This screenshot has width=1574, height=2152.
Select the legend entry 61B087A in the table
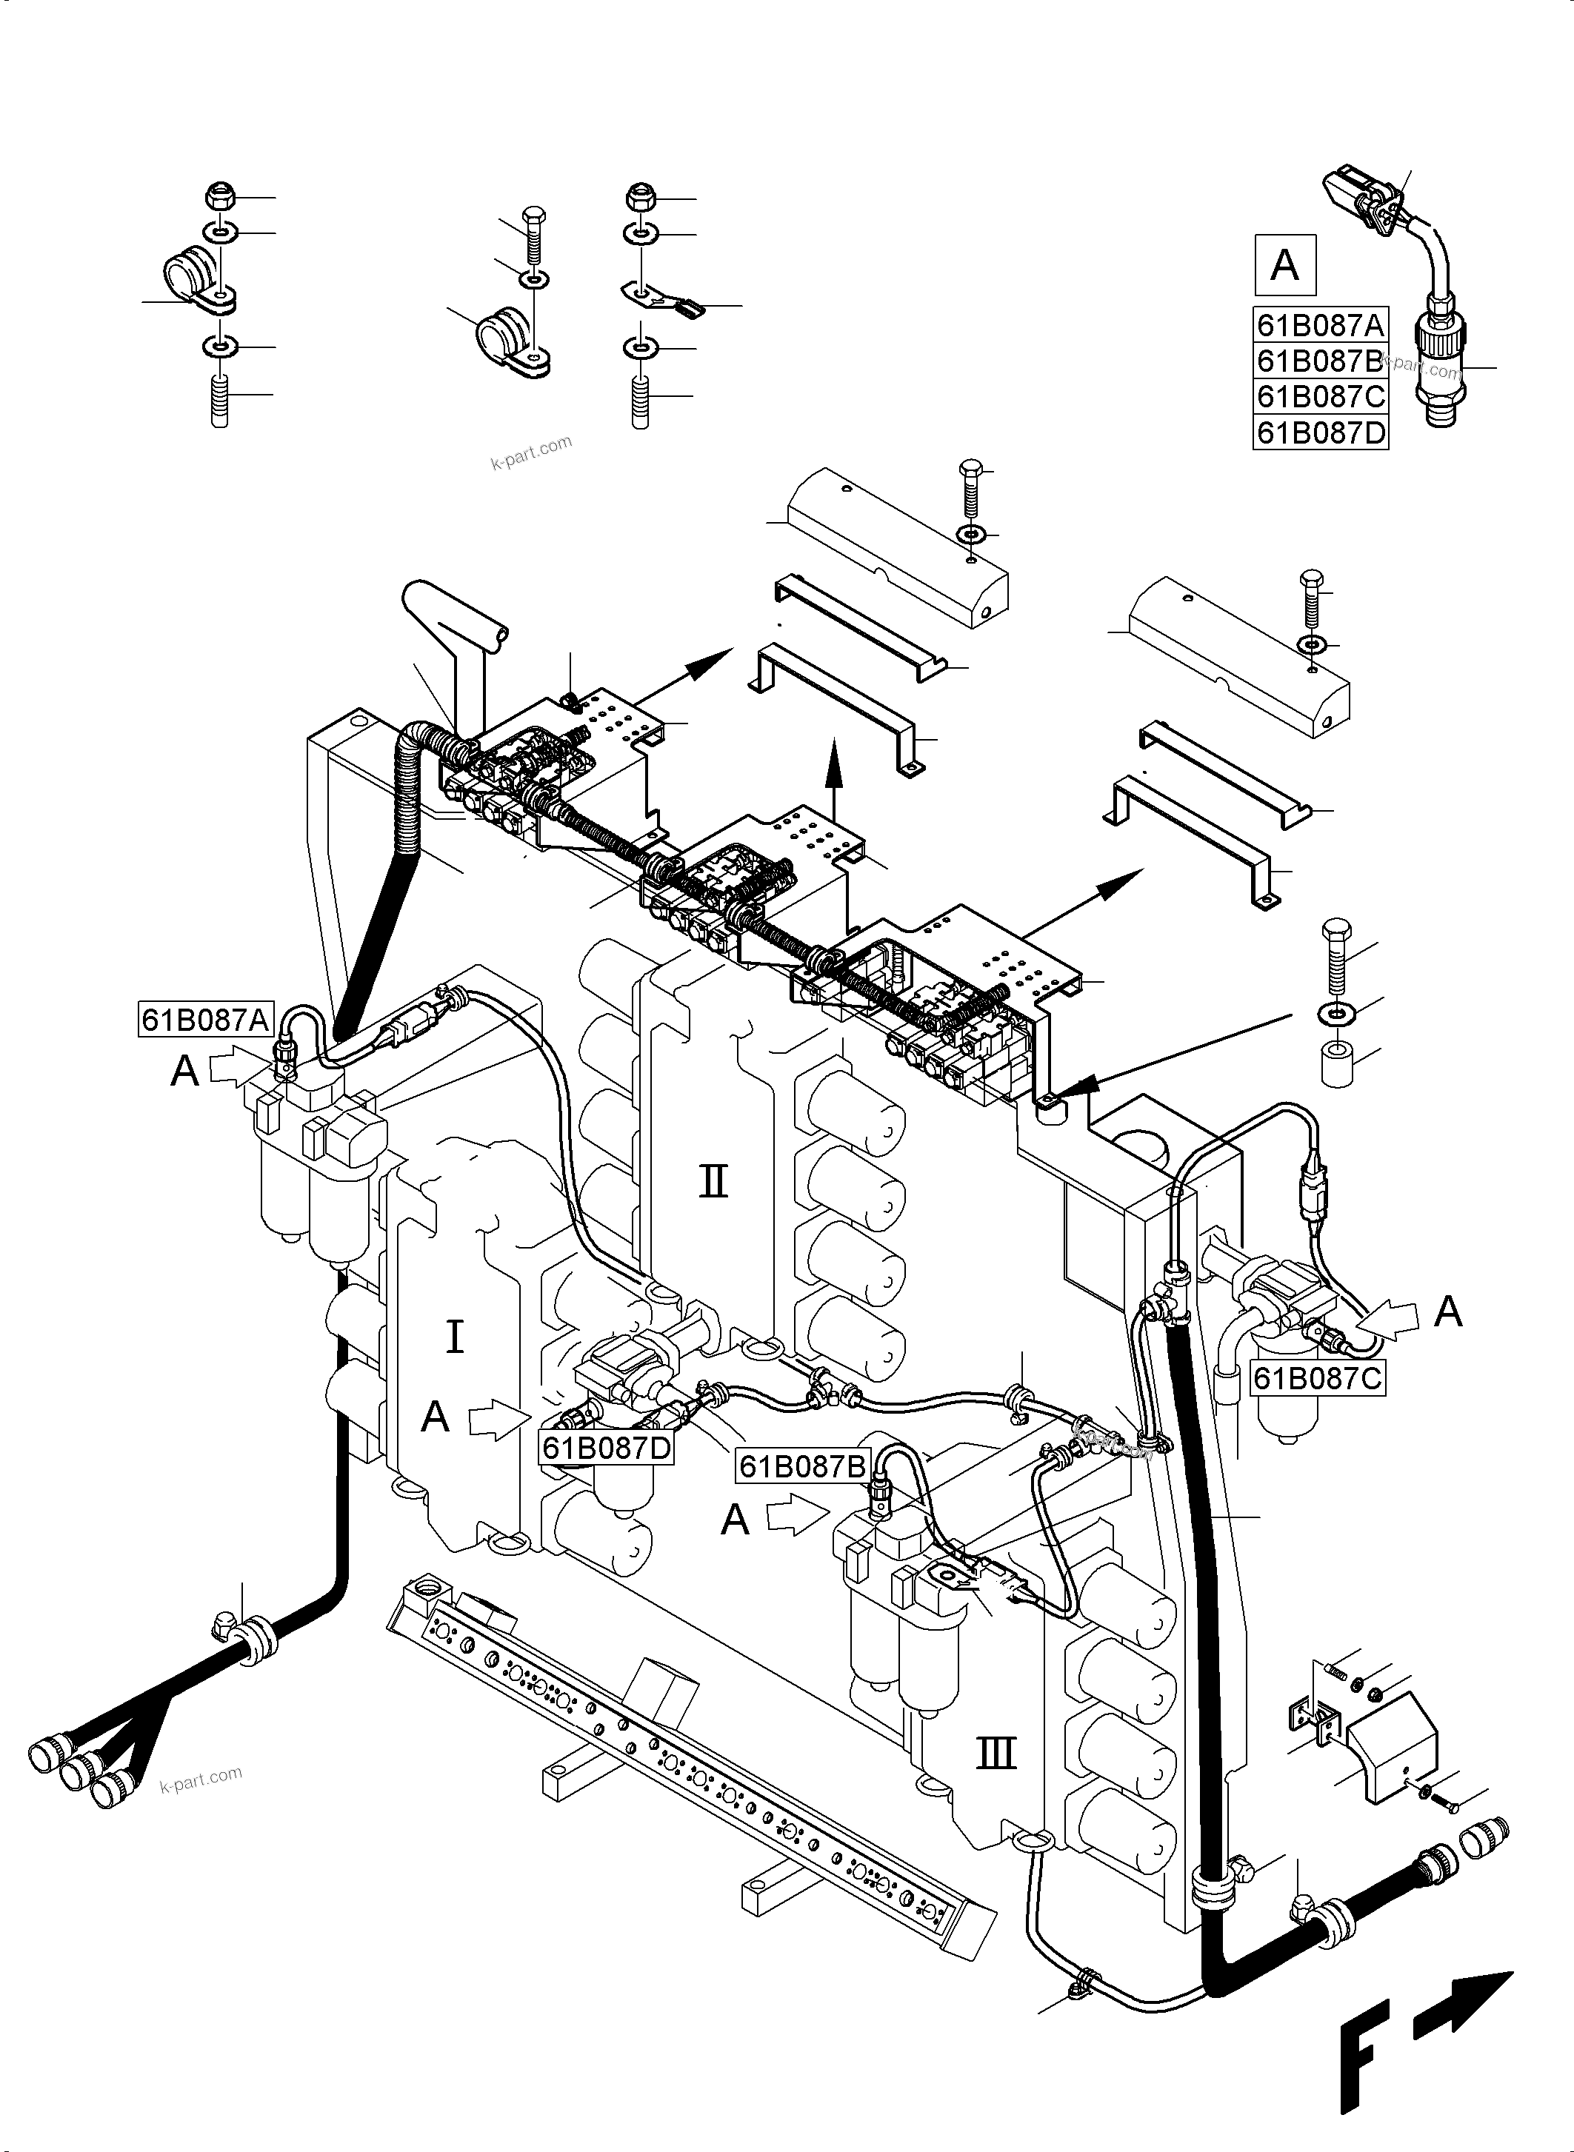pyautogui.click(x=1320, y=326)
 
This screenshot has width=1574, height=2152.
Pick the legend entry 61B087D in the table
pyautogui.click(x=1320, y=432)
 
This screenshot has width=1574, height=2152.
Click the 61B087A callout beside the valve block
pyautogui.click(x=206, y=1020)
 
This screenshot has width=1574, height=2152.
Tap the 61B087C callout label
pyautogui.click(x=1318, y=1378)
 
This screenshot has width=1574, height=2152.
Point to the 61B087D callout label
pyautogui.click(x=607, y=1448)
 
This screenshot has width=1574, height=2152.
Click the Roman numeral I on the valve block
pyautogui.click(x=455, y=1337)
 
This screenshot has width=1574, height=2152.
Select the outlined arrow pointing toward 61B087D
pyautogui.click(x=497, y=1423)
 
